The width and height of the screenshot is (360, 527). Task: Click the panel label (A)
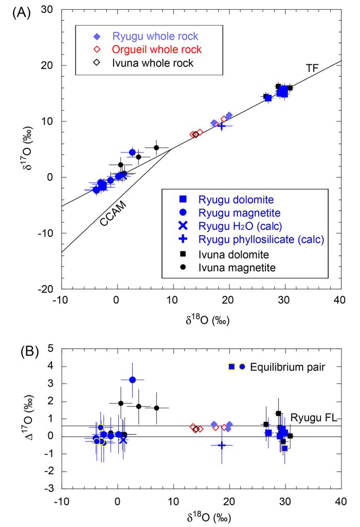21,11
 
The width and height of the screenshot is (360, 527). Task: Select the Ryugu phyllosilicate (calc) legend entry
257,239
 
